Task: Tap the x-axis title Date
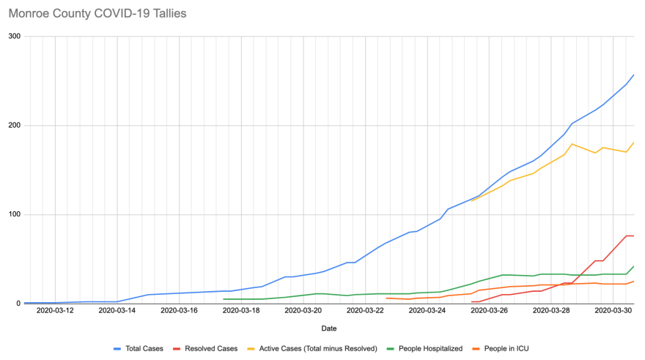(328, 328)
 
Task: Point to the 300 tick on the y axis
(14, 37)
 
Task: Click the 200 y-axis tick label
(14, 125)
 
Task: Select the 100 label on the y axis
(14, 214)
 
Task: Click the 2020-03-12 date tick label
(55, 311)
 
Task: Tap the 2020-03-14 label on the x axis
(117, 311)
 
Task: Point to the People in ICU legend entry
(512, 348)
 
